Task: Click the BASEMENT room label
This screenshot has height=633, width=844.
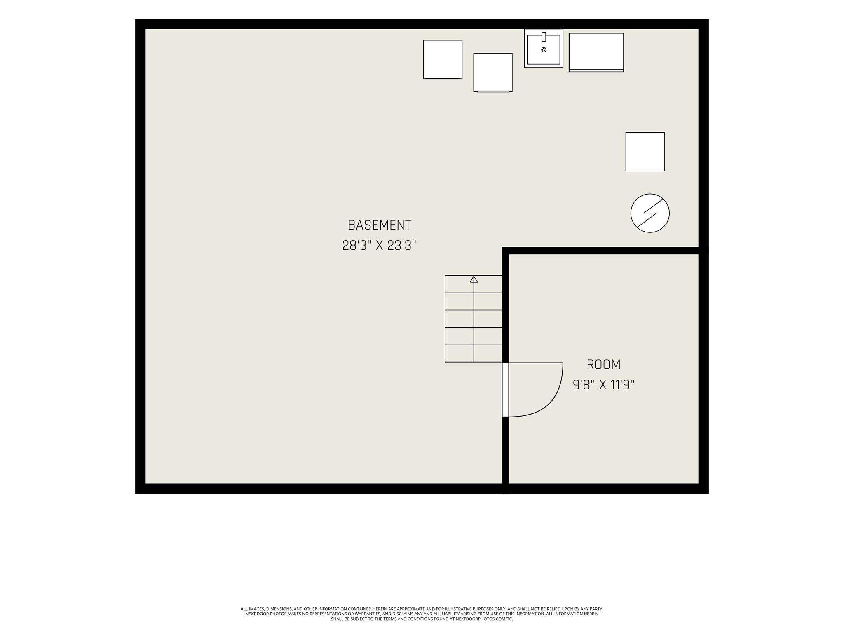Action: point(379,225)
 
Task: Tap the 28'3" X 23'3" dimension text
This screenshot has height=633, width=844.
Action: point(379,246)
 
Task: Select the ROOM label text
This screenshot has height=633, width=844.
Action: point(603,364)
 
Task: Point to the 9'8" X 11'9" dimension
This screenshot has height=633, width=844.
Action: point(603,385)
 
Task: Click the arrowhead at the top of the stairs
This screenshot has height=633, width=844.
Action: point(474,279)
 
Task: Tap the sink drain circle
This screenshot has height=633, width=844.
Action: point(544,50)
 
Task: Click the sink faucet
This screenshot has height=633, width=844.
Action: point(544,37)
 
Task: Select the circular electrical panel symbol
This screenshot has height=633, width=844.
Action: point(650,213)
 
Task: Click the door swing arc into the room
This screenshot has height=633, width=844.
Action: point(552,404)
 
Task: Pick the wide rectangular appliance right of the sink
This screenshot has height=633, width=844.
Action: point(596,52)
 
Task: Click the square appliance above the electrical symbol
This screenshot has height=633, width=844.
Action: point(645,152)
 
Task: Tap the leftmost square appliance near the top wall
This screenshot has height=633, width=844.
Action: point(443,59)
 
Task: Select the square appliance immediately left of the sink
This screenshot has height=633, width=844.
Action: point(493,73)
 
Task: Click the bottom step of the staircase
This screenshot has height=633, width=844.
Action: point(474,354)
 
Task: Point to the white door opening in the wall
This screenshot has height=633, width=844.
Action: point(505,390)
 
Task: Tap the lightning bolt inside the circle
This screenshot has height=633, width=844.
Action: point(650,213)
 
